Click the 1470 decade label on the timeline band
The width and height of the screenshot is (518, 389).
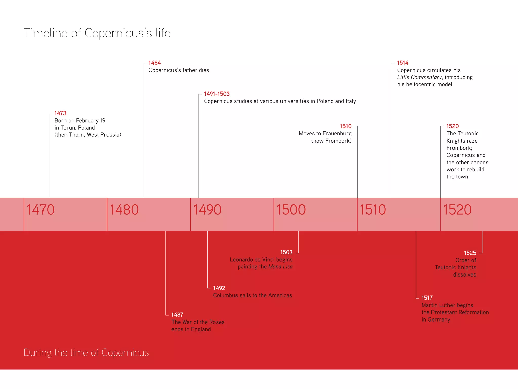pos(40,210)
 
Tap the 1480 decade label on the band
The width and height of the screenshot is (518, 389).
pos(124,210)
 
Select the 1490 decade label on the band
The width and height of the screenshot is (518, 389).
pos(207,210)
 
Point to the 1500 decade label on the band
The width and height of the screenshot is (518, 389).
pos(291,210)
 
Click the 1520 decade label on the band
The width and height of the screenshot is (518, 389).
pos(457,210)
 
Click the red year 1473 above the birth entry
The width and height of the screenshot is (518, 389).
pos(60,113)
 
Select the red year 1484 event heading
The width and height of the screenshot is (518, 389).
pos(155,63)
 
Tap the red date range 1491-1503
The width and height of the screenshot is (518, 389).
pos(217,94)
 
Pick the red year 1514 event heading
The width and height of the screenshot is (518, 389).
pos(403,63)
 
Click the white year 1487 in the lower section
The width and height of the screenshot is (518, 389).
pos(177,315)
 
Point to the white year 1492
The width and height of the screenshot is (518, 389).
pos(219,288)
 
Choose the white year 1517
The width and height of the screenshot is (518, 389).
pos(427,298)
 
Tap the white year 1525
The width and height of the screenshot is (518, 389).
pos(470,253)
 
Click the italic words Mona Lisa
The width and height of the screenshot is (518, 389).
pos(280,267)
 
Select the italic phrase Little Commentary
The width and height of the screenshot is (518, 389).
pos(419,77)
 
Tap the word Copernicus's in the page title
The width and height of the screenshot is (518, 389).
pos(118,33)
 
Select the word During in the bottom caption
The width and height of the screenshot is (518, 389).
pos(38,353)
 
